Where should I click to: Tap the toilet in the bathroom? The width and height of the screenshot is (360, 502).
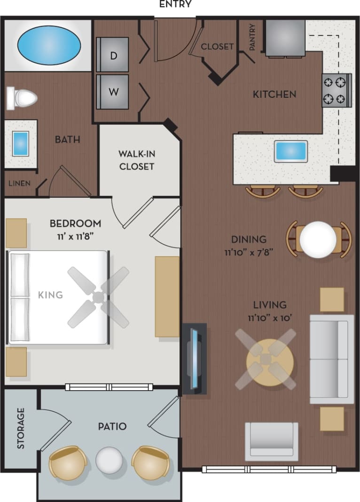click(23, 98)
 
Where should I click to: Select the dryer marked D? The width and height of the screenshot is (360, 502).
click(113, 55)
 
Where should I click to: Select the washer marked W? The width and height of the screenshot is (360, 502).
click(113, 92)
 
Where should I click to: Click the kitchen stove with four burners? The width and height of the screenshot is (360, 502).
click(337, 90)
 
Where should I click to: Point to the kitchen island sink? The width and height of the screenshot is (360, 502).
click(291, 151)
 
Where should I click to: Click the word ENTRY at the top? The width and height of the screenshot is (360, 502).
click(175, 5)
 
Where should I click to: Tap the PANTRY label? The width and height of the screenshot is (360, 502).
click(253, 37)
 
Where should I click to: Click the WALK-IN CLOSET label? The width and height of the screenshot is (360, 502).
click(136, 160)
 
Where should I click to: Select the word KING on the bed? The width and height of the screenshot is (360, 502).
click(50, 295)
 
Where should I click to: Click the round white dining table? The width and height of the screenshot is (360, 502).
click(318, 239)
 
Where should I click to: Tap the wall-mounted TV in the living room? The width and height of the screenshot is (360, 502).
click(194, 358)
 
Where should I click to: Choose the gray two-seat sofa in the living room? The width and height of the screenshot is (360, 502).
click(331, 359)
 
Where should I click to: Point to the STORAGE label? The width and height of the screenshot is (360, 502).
click(21, 428)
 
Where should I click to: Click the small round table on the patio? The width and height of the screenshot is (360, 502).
click(109, 459)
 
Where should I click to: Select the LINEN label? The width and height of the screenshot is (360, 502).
click(19, 183)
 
